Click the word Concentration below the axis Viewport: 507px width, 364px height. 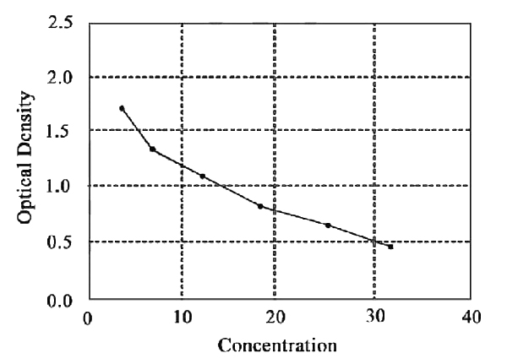click(x=277, y=345)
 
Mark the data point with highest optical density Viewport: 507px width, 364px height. click(x=122, y=108)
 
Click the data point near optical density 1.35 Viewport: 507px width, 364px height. click(x=152, y=149)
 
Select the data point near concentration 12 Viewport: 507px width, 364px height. click(x=203, y=176)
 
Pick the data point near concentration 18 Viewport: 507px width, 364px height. click(x=260, y=206)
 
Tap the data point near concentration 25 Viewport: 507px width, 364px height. click(x=328, y=225)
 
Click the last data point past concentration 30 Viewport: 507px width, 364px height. click(x=390, y=247)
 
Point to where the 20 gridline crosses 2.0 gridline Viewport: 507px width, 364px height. click(x=275, y=77)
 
